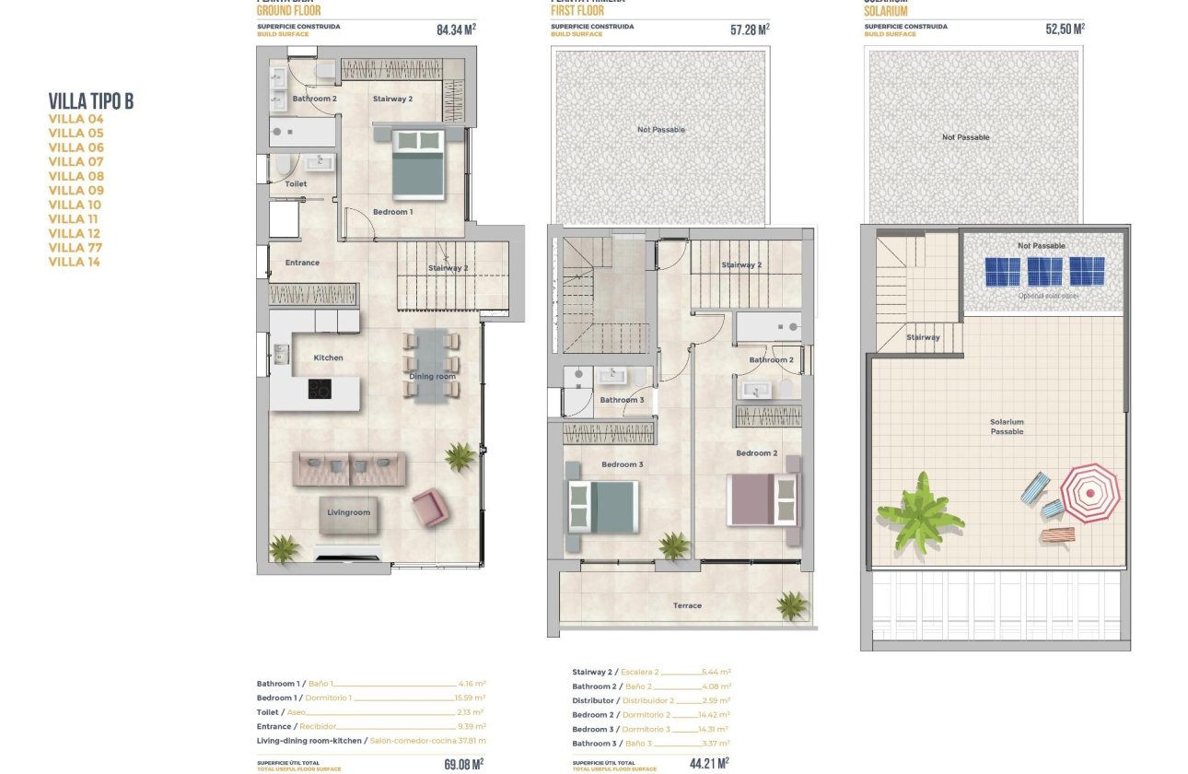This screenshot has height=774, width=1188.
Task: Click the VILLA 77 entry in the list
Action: [x=76, y=248]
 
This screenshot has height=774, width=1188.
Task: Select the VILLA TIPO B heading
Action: [x=90, y=101]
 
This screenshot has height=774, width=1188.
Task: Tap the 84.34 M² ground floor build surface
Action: [x=456, y=29]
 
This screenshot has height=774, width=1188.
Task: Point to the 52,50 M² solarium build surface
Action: [x=1065, y=29]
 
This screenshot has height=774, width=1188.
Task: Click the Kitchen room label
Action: [x=328, y=358]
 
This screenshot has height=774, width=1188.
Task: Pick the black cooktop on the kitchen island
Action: [x=320, y=389]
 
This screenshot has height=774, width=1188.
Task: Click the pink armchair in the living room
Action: [x=430, y=508]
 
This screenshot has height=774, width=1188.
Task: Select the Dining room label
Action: [x=433, y=376]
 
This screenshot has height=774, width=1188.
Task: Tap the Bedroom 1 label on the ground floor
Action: [x=392, y=212]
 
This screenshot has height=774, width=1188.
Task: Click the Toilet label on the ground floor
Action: [x=296, y=184]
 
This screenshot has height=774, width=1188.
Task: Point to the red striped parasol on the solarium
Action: [x=1090, y=493]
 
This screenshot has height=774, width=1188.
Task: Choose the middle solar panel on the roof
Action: [x=1045, y=272]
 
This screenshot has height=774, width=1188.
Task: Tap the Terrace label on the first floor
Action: [x=687, y=605]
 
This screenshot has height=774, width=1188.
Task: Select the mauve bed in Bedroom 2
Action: [x=763, y=499]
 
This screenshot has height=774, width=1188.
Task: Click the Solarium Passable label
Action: [x=1007, y=427]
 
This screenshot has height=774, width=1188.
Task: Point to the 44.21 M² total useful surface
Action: [x=710, y=763]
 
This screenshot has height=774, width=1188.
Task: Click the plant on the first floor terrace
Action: [x=791, y=605]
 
